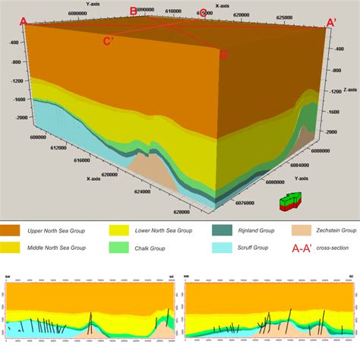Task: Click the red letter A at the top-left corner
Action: tap(24, 22)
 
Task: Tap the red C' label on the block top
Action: tap(109, 41)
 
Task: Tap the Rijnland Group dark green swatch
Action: tap(220, 229)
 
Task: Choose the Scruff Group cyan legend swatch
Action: tap(220, 248)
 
